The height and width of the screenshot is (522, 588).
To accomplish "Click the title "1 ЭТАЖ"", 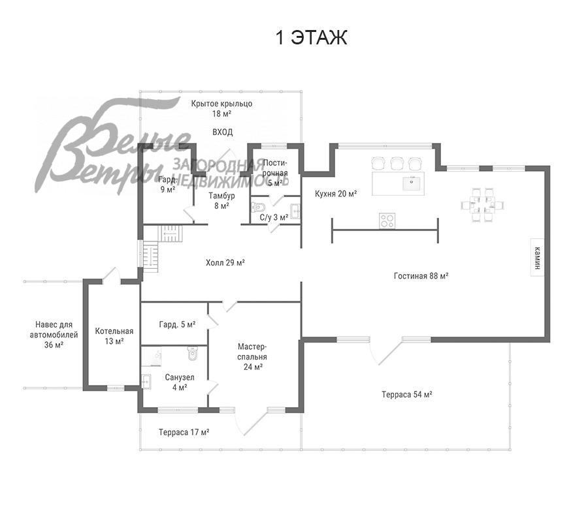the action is click(311, 38).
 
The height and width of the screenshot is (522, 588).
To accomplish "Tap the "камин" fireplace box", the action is click(538, 258).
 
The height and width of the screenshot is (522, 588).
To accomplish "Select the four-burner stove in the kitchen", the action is click(387, 220).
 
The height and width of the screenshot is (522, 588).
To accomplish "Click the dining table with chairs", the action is click(482, 205).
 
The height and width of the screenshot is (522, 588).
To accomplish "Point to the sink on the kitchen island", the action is click(412, 183).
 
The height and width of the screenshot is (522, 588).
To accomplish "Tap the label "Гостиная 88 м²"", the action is click(421, 276).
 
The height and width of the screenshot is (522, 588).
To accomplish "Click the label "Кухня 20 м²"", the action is click(336, 194).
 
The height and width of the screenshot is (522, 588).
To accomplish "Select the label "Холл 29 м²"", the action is click(225, 262).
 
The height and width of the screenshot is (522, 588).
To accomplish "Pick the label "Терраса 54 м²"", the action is click(407, 394).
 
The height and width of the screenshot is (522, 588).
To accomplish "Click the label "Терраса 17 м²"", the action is click(184, 432).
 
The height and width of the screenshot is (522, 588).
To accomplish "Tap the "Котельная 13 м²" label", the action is click(114, 336).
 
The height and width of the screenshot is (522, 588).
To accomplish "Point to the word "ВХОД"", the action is click(222, 132).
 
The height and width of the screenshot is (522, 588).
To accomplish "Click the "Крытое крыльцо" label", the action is click(221, 104).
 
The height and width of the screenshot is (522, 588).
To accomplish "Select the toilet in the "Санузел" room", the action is click(192, 354).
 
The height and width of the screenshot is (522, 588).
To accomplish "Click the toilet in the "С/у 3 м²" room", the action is click(258, 206).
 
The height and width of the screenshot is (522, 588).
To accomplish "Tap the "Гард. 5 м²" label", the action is click(177, 324).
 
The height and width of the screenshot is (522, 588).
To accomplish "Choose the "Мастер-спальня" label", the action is click(252, 352).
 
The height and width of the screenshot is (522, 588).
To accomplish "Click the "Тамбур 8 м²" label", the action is click(221, 200).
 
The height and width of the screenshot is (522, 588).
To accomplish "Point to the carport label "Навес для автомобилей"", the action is click(54, 330).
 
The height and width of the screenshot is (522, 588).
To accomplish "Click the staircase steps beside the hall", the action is click(161, 248).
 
